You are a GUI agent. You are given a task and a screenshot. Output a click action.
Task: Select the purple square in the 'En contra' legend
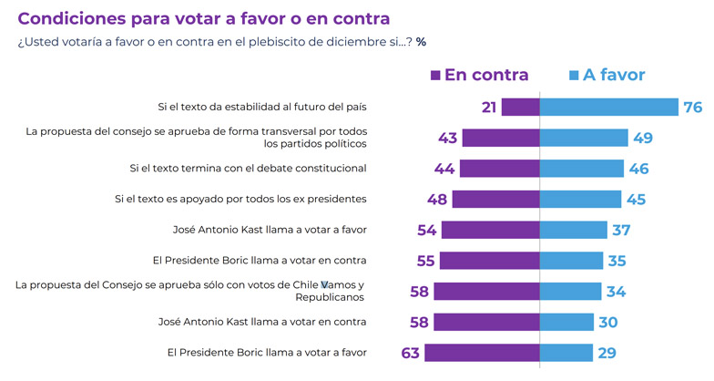point(435,75)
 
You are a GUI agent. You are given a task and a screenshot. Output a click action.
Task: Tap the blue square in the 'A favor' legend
point(574,75)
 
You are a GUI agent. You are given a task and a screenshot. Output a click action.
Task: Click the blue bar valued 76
point(609,107)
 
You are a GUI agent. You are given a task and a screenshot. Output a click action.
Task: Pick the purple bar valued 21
point(521,107)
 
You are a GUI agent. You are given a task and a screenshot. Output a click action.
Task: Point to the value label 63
point(411,353)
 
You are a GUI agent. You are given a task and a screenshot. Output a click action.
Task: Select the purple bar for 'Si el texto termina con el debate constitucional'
point(500,169)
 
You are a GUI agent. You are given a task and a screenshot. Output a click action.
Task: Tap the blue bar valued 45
point(581,199)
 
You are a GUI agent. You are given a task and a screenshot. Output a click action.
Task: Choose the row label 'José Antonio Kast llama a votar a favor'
point(270,230)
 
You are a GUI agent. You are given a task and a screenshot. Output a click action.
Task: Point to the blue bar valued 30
point(567,322)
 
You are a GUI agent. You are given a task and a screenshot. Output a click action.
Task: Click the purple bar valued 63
point(482,353)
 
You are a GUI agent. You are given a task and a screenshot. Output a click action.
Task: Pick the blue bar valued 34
point(571,291)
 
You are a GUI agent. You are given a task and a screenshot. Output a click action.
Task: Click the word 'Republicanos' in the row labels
point(329,297)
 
